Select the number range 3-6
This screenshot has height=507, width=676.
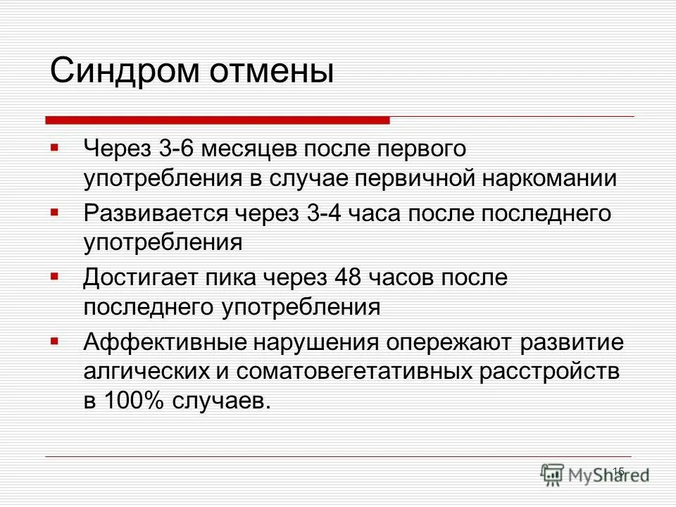181,149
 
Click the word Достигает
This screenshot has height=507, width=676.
137,277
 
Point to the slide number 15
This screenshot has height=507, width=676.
618,471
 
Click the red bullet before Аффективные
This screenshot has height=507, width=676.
54,341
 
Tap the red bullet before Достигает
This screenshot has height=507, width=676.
54,276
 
